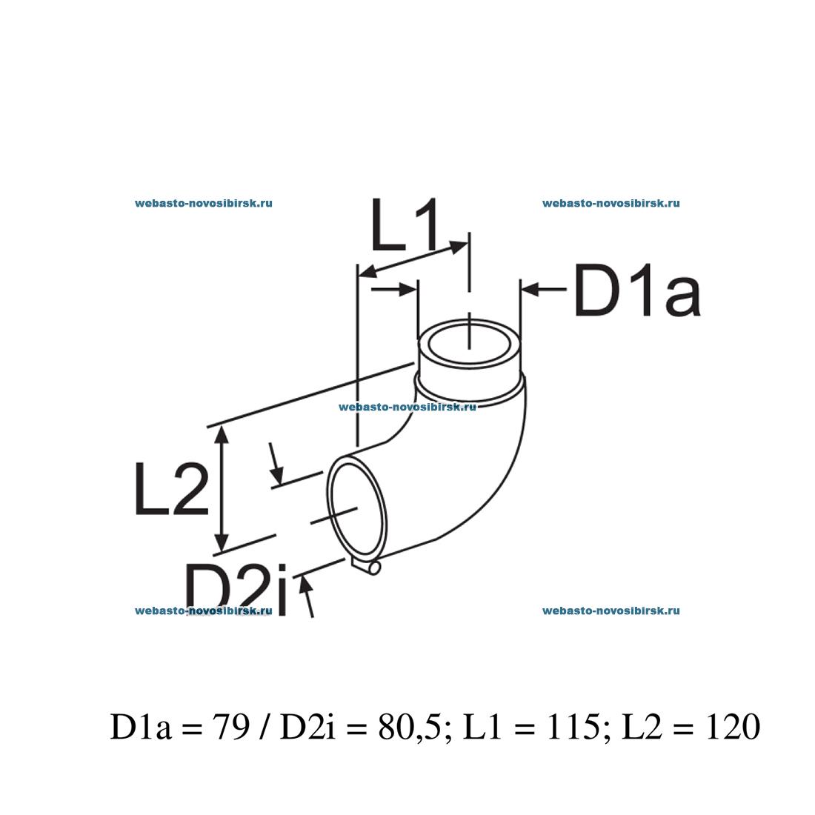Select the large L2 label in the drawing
171,489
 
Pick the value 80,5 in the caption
410,728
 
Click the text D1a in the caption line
142,728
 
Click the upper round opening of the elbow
469,348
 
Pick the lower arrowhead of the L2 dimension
220,544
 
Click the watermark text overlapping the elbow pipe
407,407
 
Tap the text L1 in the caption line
482,728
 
